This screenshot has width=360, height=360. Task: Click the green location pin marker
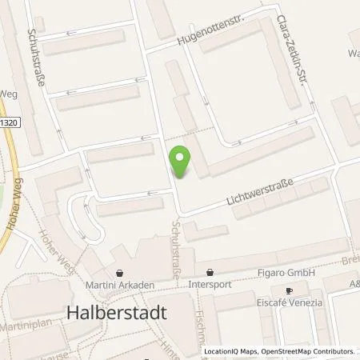click(182, 162)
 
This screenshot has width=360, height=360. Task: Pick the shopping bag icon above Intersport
click(210, 272)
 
